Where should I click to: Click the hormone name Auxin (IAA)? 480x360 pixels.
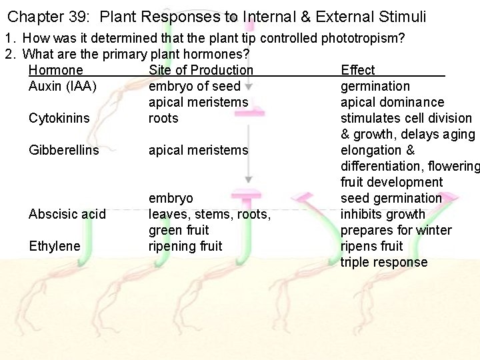pyautogui.click(x=62, y=86)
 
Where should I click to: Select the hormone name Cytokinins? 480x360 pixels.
pyautogui.click(x=59, y=118)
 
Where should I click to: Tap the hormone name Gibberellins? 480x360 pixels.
pyautogui.click(x=64, y=150)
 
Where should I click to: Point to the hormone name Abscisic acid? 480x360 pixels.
pyautogui.click(x=67, y=214)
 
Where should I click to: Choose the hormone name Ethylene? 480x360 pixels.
pyautogui.click(x=55, y=246)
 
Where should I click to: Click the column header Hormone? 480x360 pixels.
pyautogui.click(x=56, y=70)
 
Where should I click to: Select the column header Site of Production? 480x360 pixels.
pyautogui.click(x=201, y=70)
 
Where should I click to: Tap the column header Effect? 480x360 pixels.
pyautogui.click(x=358, y=70)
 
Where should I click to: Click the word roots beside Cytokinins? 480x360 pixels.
pyautogui.click(x=163, y=118)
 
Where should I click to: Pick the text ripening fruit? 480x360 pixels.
pyautogui.click(x=185, y=246)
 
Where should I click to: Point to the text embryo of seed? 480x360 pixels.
pyautogui.click(x=194, y=86)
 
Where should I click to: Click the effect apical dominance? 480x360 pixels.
pyautogui.click(x=392, y=102)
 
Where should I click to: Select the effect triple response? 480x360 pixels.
pyautogui.click(x=384, y=262)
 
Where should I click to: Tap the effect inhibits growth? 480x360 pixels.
pyautogui.click(x=383, y=214)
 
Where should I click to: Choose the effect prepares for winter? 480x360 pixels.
pyautogui.click(x=396, y=230)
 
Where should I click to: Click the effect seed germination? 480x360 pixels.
pyautogui.click(x=391, y=198)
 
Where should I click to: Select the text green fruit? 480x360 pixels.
pyautogui.click(x=179, y=230)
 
